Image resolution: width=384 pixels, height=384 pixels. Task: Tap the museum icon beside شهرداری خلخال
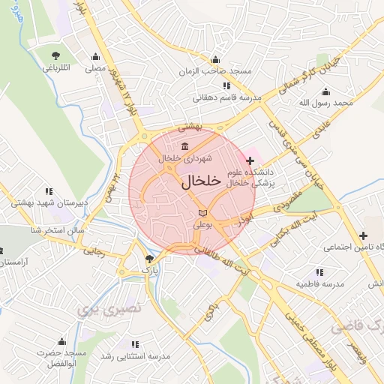pos(185,146)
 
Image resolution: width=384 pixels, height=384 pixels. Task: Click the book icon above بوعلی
pos(201,214)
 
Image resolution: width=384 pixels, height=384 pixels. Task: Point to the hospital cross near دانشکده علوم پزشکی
pos(250,160)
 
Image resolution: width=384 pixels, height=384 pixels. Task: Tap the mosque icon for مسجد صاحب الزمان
pos(217,60)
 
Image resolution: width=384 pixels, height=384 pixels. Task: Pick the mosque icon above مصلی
pos(95,57)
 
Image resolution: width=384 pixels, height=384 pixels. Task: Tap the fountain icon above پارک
pos(148,259)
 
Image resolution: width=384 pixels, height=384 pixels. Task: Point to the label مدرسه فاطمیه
pos(319,285)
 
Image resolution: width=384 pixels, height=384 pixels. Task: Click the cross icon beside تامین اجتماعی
pos(363,235)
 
